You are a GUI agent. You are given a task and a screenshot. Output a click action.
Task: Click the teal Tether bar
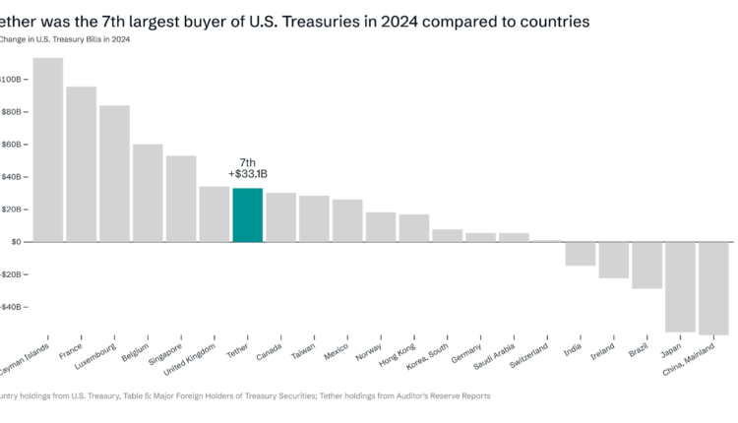(x=247, y=214)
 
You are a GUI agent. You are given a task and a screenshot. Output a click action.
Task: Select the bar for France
(x=81, y=164)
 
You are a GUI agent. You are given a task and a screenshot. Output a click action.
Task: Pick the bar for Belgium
(x=148, y=193)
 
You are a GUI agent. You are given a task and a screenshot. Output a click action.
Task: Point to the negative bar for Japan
(x=680, y=286)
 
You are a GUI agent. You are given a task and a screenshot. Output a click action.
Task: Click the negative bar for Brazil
(x=646, y=265)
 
